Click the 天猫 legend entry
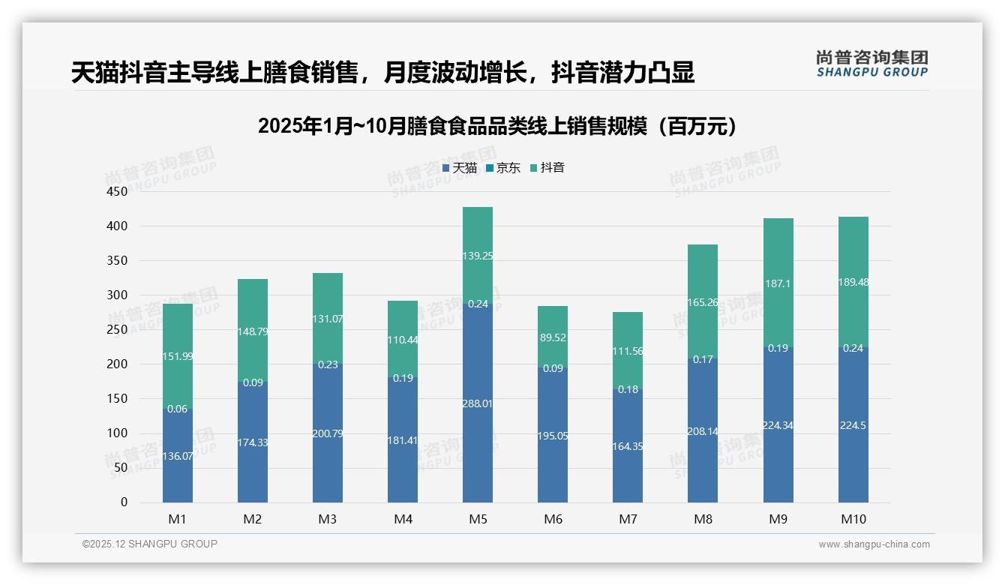coord(460,168)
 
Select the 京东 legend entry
coord(503,168)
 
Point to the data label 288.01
coord(478,403)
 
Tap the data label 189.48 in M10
coord(853,282)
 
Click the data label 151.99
coord(178,356)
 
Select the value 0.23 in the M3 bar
coord(328,364)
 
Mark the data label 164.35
coord(628,446)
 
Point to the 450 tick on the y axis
coord(118,192)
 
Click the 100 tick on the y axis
coord(118,433)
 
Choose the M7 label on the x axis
coord(628,519)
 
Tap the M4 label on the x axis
coord(403,519)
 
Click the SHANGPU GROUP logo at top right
coord(871,64)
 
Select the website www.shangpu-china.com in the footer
coord(874,544)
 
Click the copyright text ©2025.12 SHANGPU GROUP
coord(150,544)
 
